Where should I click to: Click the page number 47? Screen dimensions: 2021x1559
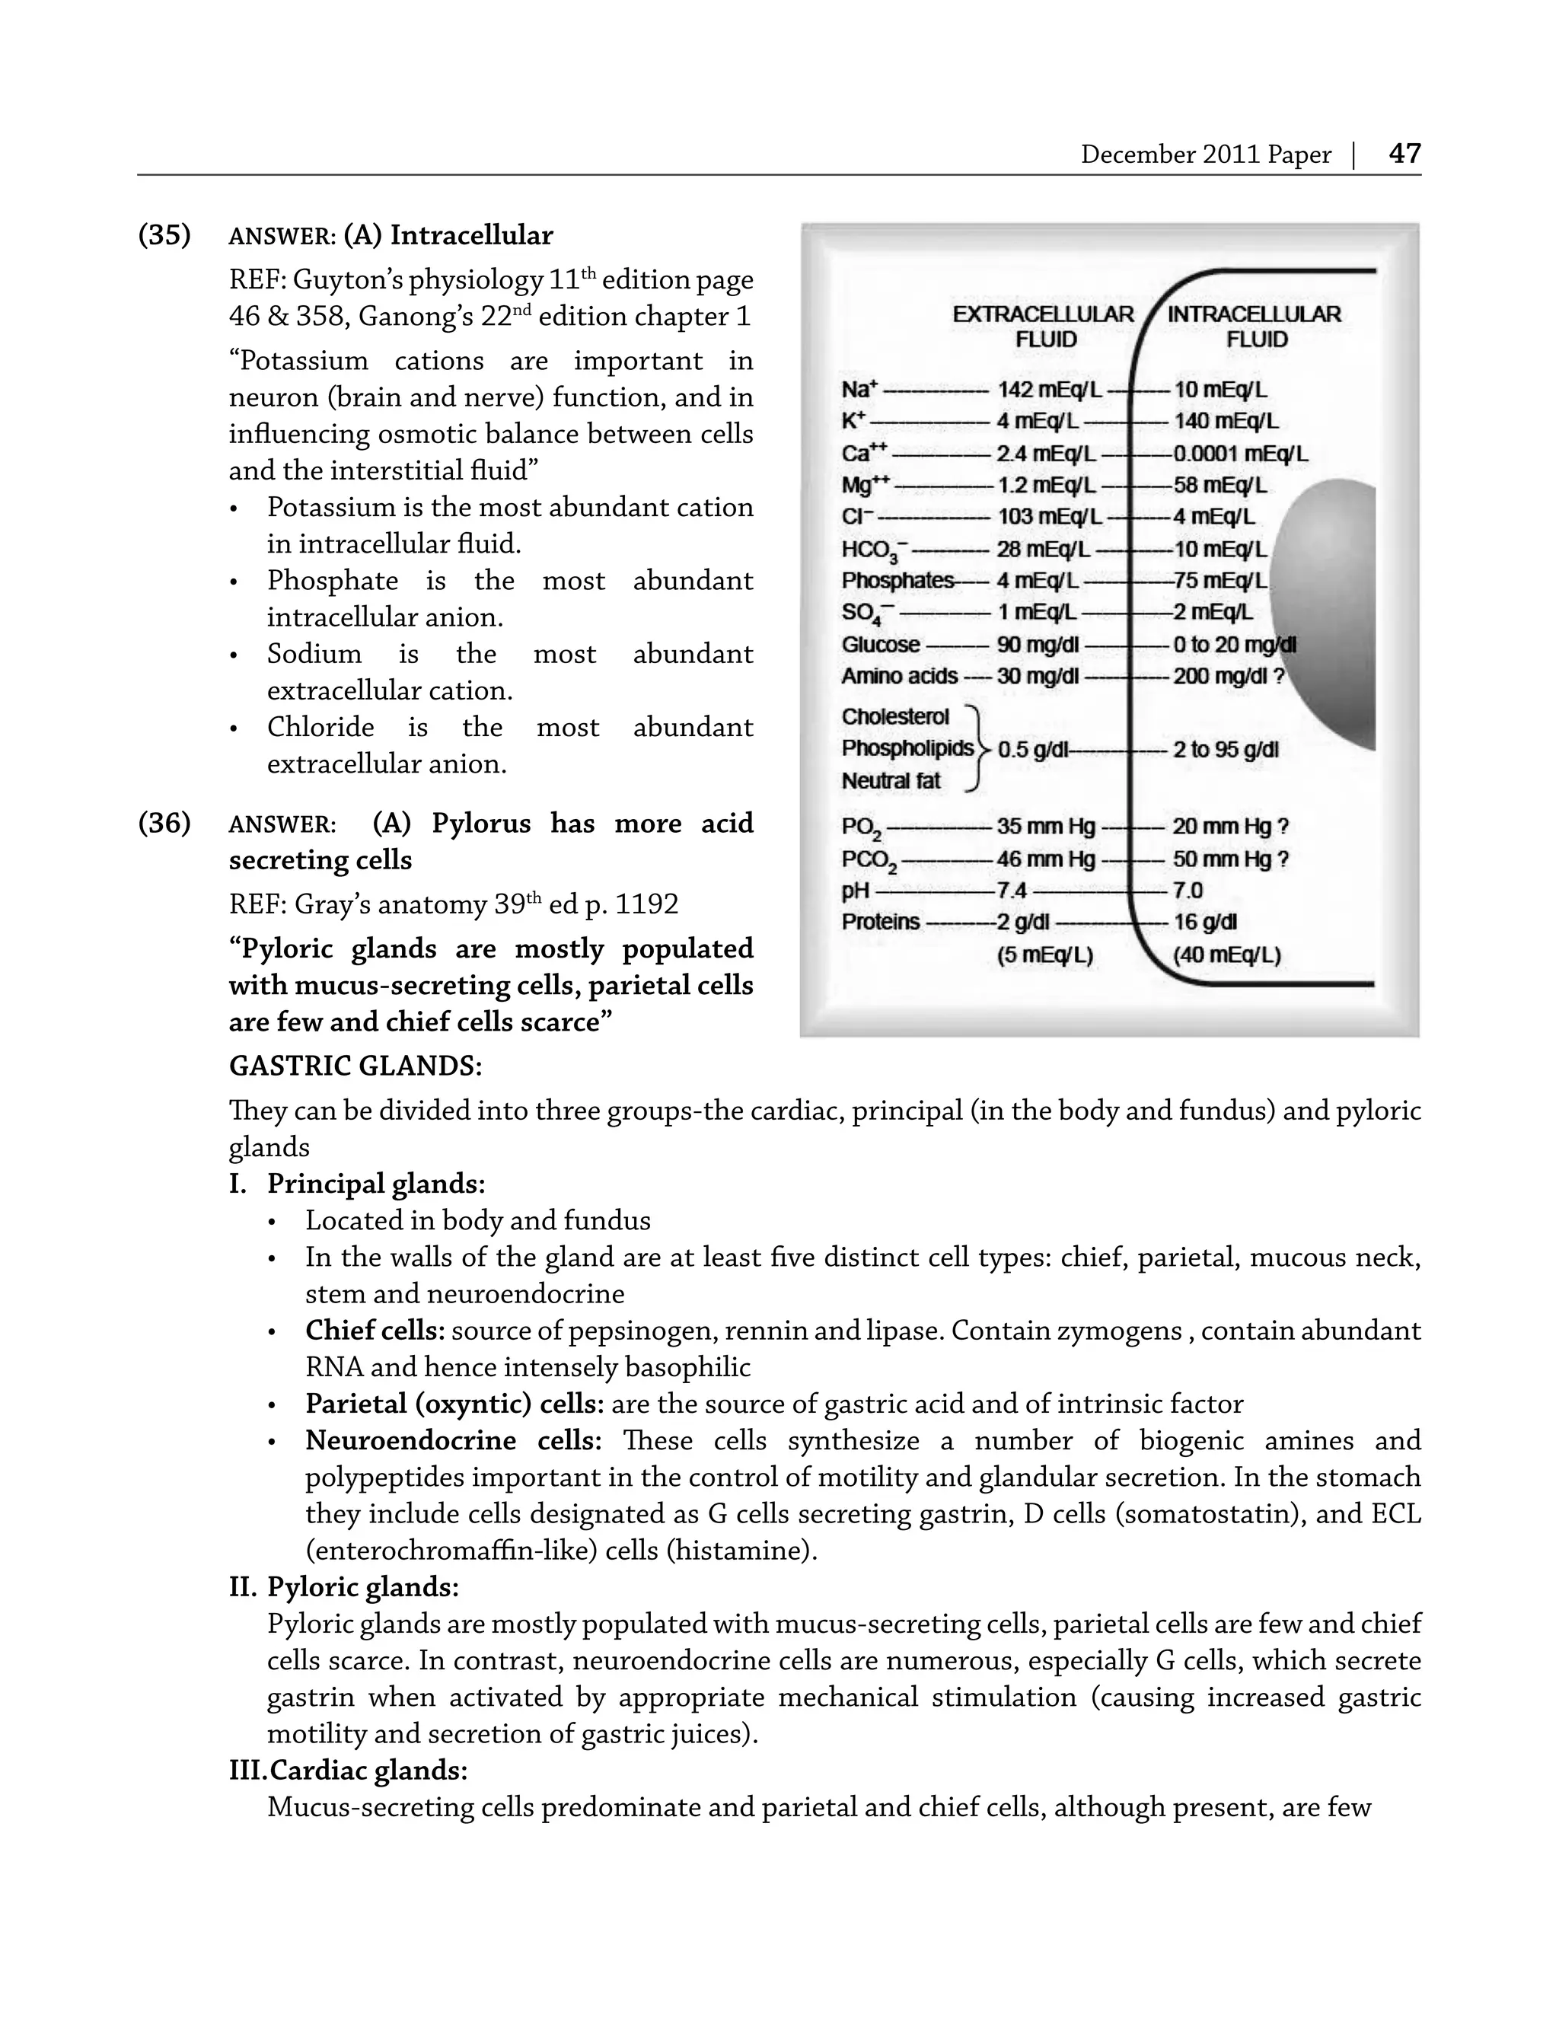click(x=1404, y=153)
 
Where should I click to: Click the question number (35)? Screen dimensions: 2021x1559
click(x=164, y=235)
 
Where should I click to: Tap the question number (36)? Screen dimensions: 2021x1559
click(x=164, y=823)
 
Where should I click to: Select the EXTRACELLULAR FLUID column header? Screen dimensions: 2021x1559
click(x=1044, y=327)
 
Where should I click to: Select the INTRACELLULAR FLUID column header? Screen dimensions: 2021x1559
click(x=1254, y=327)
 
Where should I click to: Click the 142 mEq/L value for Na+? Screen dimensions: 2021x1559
click(x=1048, y=390)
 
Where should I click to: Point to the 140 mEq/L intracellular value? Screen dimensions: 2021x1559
click(x=1226, y=421)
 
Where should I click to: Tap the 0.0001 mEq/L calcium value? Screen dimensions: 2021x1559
click(x=1240, y=454)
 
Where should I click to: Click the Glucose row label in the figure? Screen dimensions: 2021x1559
click(x=880, y=644)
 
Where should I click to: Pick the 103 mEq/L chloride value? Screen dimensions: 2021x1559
click(x=1048, y=516)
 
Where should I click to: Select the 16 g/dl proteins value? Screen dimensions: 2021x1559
click(x=1204, y=922)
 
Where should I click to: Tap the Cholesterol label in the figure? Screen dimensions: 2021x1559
click(x=894, y=716)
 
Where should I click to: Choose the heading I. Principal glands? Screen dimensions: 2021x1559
click(x=357, y=1184)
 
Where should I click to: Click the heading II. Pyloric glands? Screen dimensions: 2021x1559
click(x=344, y=1587)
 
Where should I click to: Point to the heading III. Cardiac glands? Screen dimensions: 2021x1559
click(x=348, y=1771)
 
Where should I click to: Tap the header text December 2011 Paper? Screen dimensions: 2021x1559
click(x=1204, y=155)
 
